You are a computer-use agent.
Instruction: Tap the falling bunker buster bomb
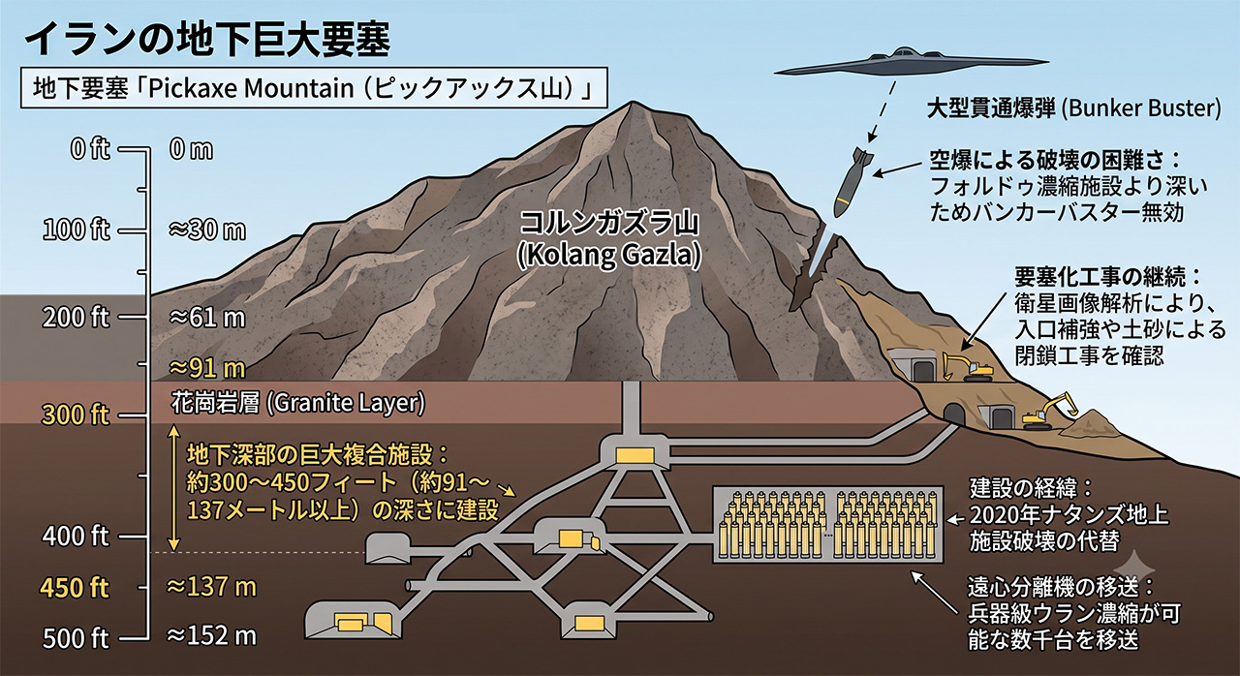tap(852, 181)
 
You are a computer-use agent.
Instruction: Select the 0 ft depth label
tap(90, 149)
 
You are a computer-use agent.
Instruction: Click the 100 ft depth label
tap(77, 230)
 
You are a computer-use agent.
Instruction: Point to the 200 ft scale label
tap(76, 318)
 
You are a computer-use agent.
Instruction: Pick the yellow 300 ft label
tap(76, 415)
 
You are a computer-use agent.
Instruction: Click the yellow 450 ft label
tap(75, 587)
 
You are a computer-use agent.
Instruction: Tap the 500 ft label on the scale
tap(76, 638)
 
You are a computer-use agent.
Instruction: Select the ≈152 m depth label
tap(212, 636)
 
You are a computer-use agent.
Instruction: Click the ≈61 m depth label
tap(207, 318)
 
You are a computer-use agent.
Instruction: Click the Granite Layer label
tap(298, 402)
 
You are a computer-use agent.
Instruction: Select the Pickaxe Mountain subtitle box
tap(314, 88)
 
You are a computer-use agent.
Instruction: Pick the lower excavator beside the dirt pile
tap(1049, 413)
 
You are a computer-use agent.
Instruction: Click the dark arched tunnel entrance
tap(953, 414)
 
